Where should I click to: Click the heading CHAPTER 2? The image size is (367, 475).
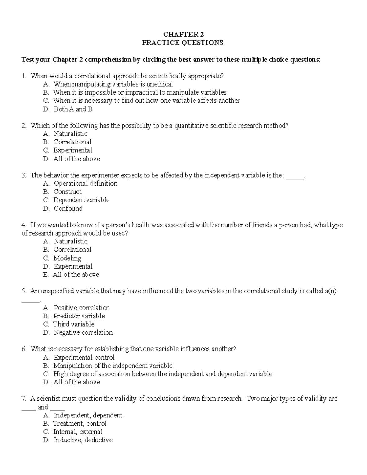183,34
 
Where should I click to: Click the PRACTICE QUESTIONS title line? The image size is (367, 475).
183,43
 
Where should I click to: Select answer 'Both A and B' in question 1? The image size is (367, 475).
73,109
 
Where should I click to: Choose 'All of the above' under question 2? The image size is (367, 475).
76,159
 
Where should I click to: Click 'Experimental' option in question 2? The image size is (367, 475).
72,150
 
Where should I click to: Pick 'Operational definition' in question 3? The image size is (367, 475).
85,184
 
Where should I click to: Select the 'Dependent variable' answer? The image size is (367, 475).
81,200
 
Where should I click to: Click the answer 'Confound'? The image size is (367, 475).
68,208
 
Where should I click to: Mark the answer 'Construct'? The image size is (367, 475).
67,192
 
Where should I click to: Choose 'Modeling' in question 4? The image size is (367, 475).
67,258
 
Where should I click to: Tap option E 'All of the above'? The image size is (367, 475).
76,275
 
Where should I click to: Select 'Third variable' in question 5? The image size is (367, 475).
73,324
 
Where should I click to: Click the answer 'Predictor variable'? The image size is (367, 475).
79,316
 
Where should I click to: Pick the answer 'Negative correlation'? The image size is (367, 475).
83,332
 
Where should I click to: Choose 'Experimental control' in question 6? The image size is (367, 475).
84,358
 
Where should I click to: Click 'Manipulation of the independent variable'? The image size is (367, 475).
113,366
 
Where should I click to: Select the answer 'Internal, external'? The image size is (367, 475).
78,432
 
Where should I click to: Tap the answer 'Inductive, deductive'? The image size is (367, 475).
83,440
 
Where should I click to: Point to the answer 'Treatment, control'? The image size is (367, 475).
80,424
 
